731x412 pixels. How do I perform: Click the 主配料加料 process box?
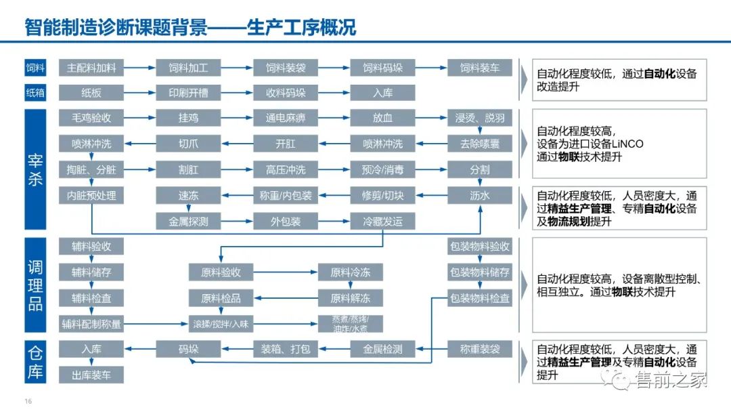(91, 68)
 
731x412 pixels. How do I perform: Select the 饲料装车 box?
(480, 68)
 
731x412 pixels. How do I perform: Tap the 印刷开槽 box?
(188, 93)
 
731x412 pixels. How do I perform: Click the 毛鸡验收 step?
(91, 118)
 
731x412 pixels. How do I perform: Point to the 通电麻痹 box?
(286, 118)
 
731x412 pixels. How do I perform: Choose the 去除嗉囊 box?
(480, 144)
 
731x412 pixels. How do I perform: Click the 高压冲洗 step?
(286, 169)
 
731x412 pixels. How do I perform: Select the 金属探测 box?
(188, 221)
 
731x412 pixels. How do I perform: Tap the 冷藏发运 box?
(382, 221)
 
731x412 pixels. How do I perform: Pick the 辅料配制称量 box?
(91, 324)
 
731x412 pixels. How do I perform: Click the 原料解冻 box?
(350, 298)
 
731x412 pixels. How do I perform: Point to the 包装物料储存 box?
(480, 272)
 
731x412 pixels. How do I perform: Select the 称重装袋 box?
(480, 349)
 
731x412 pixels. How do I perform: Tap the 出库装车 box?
(91, 375)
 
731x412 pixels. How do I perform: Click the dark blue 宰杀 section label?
(35, 169)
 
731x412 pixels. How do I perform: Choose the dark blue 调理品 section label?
(35, 284)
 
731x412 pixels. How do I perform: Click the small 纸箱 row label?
(35, 93)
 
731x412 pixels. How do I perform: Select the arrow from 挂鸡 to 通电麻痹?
(237, 118)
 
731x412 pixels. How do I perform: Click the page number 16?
(28, 401)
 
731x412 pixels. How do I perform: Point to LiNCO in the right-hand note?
(626, 144)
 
